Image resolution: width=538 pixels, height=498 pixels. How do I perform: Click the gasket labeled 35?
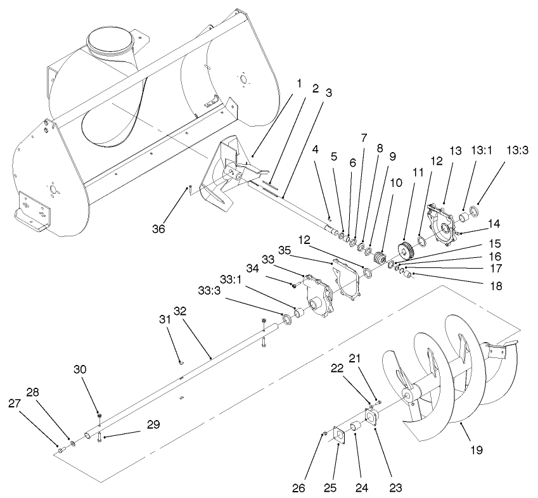pyautogui.click(x=347, y=279)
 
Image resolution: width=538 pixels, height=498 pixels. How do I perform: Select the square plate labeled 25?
pyautogui.click(x=338, y=436)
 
